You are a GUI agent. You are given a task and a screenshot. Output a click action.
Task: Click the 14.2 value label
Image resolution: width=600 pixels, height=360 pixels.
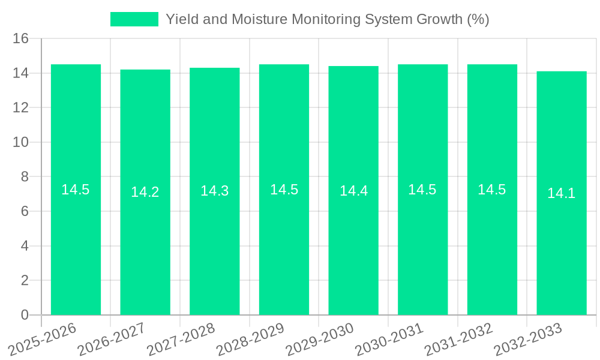point(145,192)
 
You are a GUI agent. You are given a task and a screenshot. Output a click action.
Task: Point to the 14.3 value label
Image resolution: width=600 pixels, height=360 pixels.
point(214,191)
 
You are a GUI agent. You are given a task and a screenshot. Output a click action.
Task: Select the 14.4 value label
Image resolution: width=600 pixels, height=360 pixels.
point(353,191)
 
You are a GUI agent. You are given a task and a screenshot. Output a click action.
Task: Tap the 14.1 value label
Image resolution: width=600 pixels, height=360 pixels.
point(561,193)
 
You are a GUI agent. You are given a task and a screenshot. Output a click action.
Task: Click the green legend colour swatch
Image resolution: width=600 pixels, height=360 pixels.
point(134,19)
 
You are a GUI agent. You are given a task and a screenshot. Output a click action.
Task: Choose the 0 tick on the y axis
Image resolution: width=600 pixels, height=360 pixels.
point(25,315)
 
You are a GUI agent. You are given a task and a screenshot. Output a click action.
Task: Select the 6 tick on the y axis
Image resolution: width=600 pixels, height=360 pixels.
point(25,212)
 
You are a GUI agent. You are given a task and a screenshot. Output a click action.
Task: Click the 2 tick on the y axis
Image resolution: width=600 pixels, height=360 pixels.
point(25,281)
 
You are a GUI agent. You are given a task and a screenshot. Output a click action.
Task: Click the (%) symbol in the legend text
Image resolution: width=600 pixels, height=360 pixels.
point(478,19)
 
